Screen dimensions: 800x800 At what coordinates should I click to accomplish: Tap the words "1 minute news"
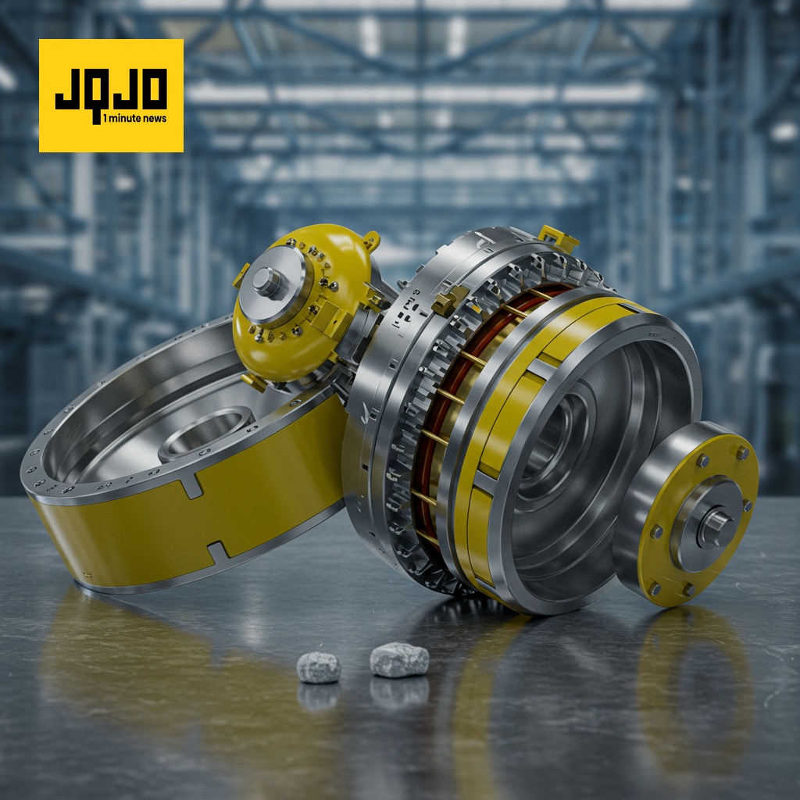point(134,119)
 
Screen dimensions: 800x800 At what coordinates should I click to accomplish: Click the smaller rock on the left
point(319,667)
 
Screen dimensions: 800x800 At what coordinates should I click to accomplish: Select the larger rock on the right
point(399,659)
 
